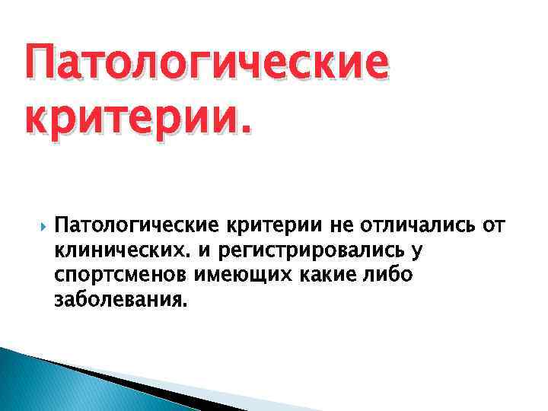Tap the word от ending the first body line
[493, 226]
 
